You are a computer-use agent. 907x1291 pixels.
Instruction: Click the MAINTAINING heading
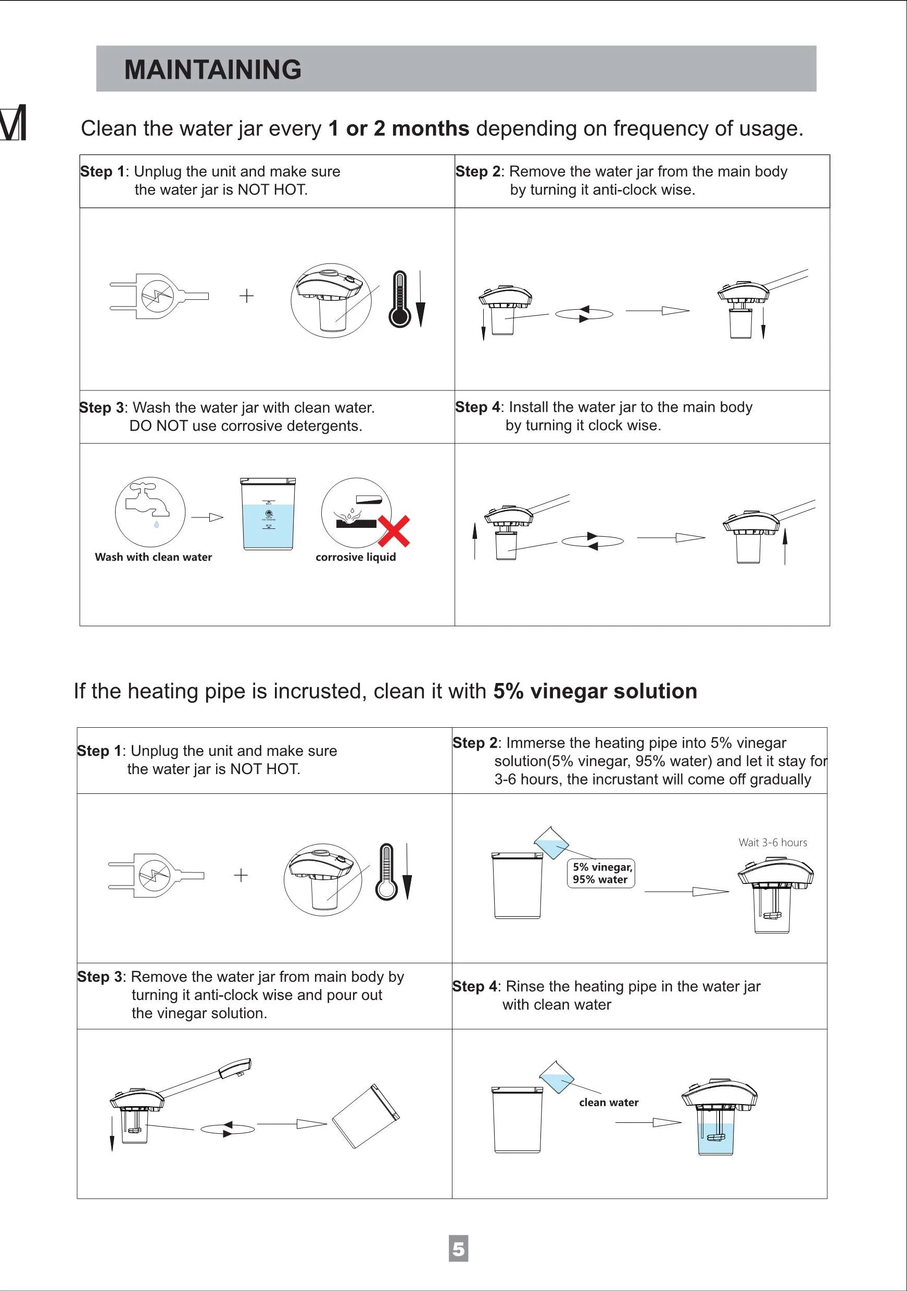click(x=212, y=70)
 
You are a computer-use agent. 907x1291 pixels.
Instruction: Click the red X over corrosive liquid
click(x=394, y=531)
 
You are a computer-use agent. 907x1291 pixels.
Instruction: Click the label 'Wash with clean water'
click(x=153, y=556)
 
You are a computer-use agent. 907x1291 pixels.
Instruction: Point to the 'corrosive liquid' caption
click(x=356, y=556)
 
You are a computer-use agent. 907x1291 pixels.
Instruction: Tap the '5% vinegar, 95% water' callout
click(x=602, y=873)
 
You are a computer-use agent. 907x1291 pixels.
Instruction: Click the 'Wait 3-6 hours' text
click(x=773, y=842)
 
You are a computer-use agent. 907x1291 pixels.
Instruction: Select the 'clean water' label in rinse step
click(x=609, y=1102)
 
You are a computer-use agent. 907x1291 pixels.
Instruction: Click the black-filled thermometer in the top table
click(x=400, y=299)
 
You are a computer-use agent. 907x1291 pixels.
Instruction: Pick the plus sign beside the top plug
click(x=246, y=296)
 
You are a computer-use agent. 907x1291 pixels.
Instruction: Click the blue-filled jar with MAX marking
click(x=268, y=514)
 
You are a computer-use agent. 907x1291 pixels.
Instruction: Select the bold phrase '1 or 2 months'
click(x=398, y=128)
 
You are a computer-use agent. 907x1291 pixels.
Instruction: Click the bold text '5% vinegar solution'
click(x=595, y=690)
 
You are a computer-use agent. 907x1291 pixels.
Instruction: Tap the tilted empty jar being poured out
click(x=366, y=1116)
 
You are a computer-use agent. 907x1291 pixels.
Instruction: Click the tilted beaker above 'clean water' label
click(x=557, y=1076)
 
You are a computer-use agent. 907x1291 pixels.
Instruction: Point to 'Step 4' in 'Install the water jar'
click(x=477, y=407)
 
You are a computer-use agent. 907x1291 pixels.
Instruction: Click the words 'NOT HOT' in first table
click(x=272, y=189)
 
